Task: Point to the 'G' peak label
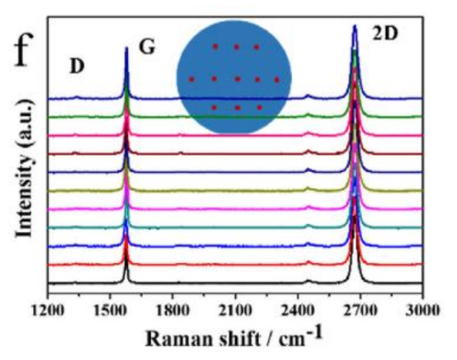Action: (x=147, y=48)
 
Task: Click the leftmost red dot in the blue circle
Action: (x=192, y=79)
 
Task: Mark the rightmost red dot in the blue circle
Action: (x=277, y=79)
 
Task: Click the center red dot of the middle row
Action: (x=237, y=79)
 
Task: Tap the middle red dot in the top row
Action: (x=236, y=47)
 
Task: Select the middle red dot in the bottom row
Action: (x=237, y=107)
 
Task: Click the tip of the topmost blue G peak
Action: (x=126, y=48)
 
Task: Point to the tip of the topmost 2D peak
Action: (x=355, y=26)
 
